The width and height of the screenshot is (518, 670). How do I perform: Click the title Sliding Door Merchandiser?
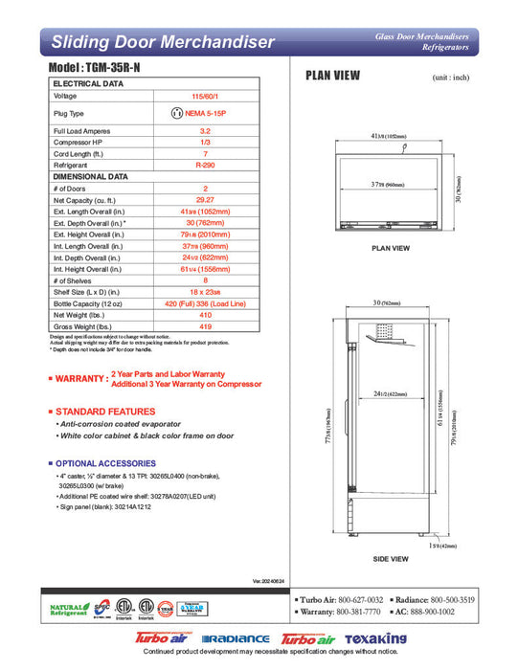point(163,42)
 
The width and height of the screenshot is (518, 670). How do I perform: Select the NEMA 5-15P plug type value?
point(205,113)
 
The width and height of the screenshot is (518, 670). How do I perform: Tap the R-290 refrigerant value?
point(205,165)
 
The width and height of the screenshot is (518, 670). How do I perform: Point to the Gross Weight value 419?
point(205,325)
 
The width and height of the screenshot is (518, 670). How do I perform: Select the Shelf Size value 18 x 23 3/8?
point(205,291)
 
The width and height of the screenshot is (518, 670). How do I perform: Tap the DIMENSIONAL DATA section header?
point(90,176)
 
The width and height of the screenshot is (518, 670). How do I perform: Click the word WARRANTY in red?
point(79,380)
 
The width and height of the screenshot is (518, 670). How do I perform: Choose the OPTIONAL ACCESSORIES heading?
point(119,463)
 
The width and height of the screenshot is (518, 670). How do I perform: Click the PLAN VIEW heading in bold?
point(331,75)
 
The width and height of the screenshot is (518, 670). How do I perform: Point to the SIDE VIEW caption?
point(391,559)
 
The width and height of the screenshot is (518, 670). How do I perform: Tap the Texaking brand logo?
point(377,638)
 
